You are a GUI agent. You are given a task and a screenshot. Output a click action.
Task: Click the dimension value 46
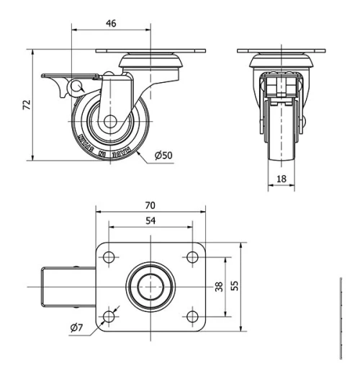(111, 23)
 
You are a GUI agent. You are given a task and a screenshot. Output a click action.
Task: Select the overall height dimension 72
(27, 105)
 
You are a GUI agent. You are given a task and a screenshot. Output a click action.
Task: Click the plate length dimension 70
(151, 205)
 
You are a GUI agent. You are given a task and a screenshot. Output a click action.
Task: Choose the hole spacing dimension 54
(150, 220)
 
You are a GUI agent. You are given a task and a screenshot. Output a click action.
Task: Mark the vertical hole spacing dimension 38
(219, 286)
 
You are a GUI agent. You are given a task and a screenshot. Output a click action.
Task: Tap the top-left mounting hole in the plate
(109, 257)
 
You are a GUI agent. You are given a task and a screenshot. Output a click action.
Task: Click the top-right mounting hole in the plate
(192, 257)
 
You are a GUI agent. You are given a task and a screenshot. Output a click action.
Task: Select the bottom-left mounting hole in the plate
(109, 316)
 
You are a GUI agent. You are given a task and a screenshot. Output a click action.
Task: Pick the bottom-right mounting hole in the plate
(192, 316)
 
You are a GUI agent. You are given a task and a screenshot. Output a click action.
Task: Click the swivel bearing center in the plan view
(150, 287)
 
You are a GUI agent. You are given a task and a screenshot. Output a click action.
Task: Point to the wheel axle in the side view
(111, 122)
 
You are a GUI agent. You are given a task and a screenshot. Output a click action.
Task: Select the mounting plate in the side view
(150, 51)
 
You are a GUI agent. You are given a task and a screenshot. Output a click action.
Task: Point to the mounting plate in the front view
(281, 51)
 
